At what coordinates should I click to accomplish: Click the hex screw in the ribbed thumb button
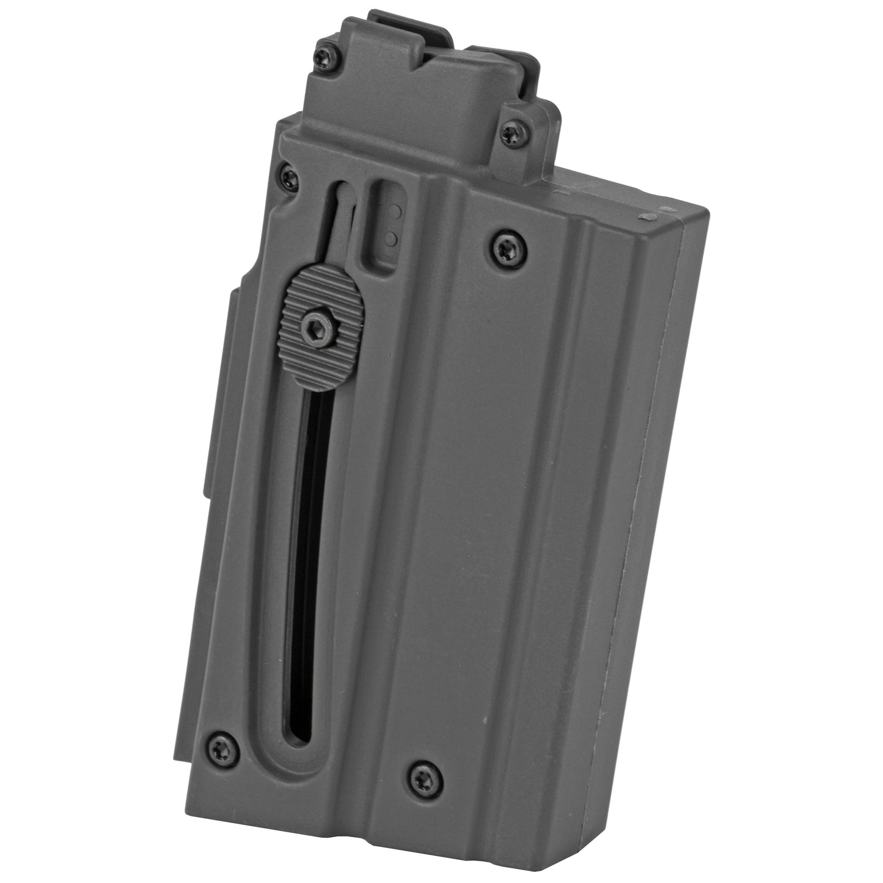tap(309, 329)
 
